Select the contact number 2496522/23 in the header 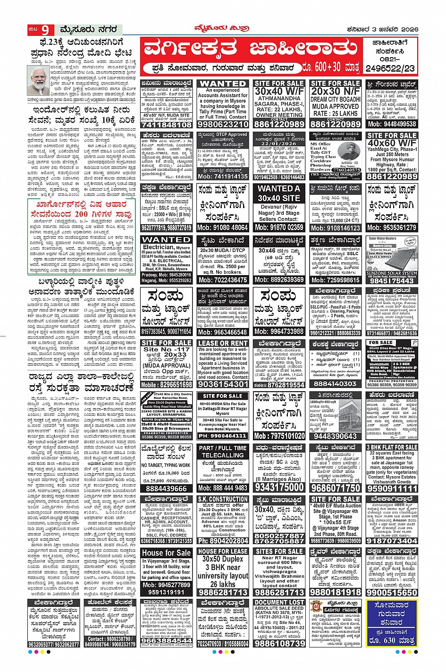391,68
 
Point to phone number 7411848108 167,125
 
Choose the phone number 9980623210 223,124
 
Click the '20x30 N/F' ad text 336,91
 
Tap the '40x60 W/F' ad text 392,143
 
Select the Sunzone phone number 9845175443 392,280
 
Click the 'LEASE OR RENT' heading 223,343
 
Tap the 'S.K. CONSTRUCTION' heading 223,499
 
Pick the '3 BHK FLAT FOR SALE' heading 392,447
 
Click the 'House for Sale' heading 167,552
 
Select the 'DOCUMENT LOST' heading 279,603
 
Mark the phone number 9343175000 279,487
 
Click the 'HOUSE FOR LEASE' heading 223,551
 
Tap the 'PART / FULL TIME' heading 223,448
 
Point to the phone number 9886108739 279,643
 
